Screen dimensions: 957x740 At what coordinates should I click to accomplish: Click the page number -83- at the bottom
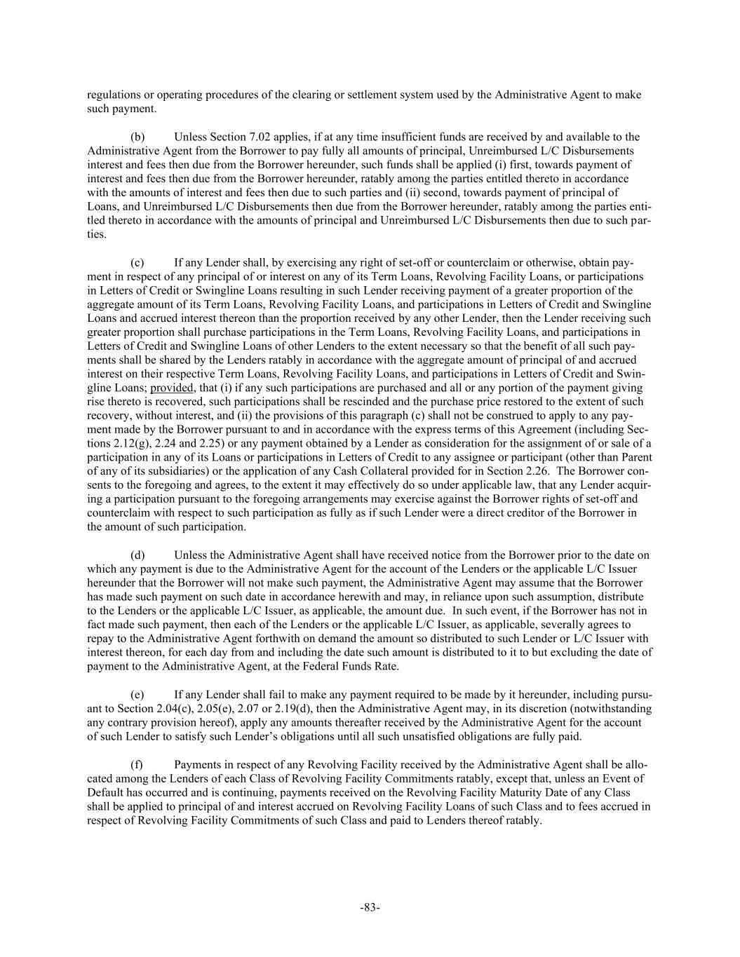(370, 907)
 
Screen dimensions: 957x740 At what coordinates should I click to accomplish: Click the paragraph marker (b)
(137, 137)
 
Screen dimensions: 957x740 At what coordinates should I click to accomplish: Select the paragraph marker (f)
(137, 764)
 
